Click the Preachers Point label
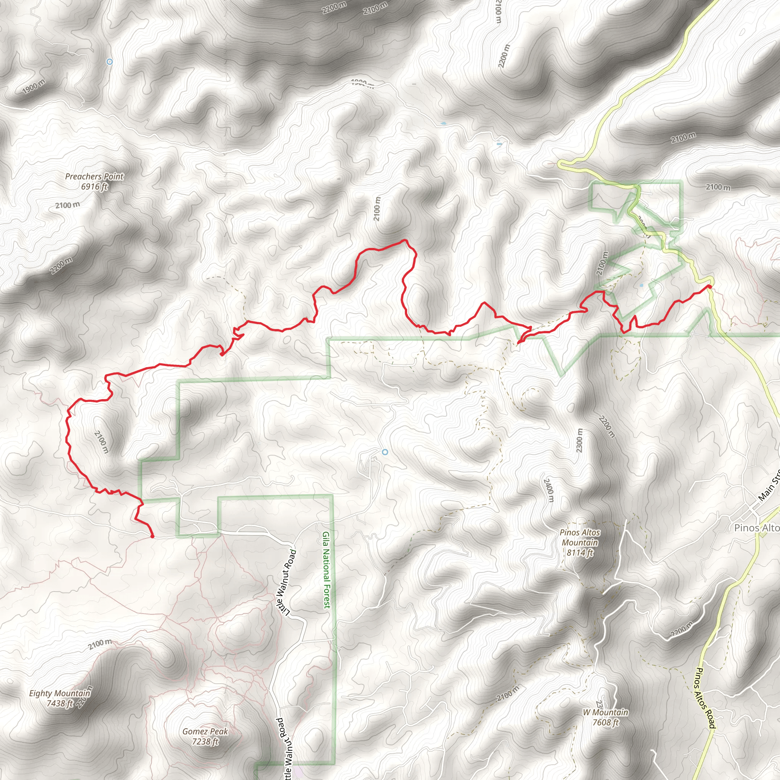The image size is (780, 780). click(x=94, y=181)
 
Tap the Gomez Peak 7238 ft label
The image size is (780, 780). click(x=205, y=737)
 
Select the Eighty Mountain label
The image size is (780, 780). click(x=60, y=698)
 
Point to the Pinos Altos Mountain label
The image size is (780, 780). click(x=580, y=543)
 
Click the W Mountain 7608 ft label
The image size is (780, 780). click(x=605, y=718)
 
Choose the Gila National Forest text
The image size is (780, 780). click(x=326, y=570)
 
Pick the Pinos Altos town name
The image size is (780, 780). click(x=756, y=527)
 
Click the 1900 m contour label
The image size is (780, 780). click(x=34, y=86)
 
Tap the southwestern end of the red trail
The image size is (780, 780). click(x=152, y=537)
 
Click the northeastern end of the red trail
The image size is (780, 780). click(x=709, y=286)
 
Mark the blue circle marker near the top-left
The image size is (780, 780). click(x=109, y=62)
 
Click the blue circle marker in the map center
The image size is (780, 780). click(x=385, y=452)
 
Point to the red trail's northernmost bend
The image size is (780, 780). click(x=404, y=241)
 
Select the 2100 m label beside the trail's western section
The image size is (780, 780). click(x=102, y=442)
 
